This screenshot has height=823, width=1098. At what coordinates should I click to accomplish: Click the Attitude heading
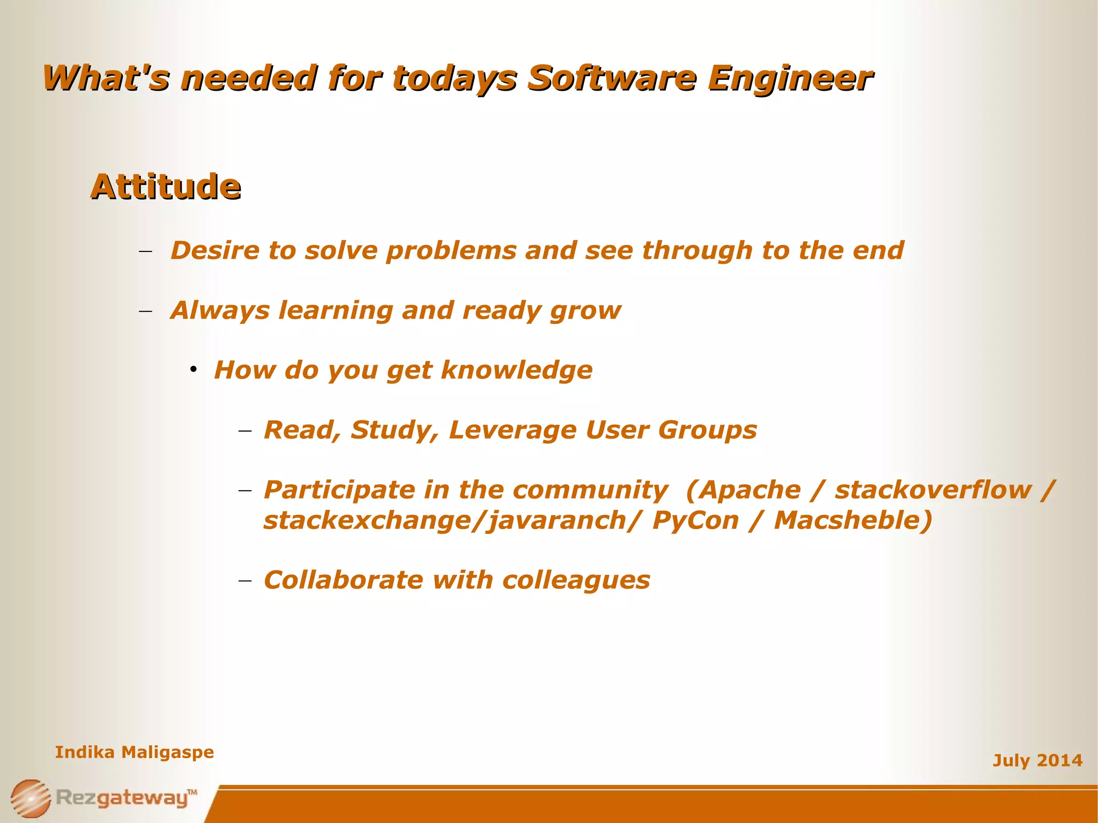[165, 187]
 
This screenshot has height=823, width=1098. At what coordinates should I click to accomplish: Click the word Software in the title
[612, 78]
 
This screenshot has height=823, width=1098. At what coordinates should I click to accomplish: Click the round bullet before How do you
[194, 369]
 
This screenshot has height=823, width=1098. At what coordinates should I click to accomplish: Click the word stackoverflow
[933, 490]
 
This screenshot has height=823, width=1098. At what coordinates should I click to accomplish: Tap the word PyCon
[695, 521]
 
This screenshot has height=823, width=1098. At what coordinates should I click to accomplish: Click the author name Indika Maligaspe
[134, 752]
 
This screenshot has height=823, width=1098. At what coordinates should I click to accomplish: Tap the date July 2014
[1037, 760]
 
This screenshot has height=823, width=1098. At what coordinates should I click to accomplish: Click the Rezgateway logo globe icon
[31, 798]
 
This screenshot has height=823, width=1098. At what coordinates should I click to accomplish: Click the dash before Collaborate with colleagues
[245, 581]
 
